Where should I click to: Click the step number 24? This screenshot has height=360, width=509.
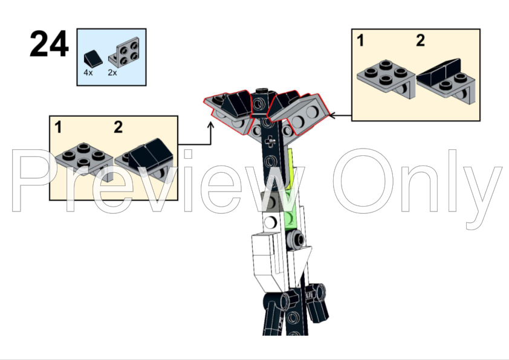pyautogui.click(x=49, y=44)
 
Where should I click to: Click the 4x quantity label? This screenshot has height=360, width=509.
pyautogui.click(x=88, y=72)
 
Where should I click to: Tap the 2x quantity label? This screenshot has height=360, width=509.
pyautogui.click(x=112, y=72)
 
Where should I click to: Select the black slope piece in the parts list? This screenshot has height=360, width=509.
pyautogui.click(x=93, y=57)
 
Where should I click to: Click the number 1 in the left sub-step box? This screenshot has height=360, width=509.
pyautogui.click(x=58, y=127)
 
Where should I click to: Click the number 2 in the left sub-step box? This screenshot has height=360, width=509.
pyautogui.click(x=118, y=127)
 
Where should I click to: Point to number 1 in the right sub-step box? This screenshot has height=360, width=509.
pyautogui.click(x=360, y=40)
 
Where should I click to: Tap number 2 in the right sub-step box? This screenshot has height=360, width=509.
pyautogui.click(x=420, y=40)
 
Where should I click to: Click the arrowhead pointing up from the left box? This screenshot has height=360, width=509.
pyautogui.click(x=211, y=124)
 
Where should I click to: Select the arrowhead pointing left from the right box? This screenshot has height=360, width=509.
pyautogui.click(x=332, y=115)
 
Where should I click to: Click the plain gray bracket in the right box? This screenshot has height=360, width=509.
pyautogui.click(x=386, y=79)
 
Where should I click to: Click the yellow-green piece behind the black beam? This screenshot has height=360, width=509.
pyautogui.click(x=291, y=169)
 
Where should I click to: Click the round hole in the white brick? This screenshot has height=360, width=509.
pyautogui.click(x=270, y=222)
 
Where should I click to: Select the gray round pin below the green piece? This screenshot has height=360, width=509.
pyautogui.click(x=296, y=239)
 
